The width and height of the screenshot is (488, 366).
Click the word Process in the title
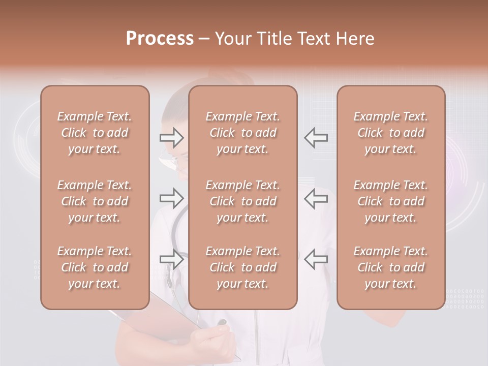pyautogui.click(x=160, y=39)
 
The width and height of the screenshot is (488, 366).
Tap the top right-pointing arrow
pyautogui.click(x=171, y=137)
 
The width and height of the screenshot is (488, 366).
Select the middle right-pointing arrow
pyautogui.click(x=171, y=198)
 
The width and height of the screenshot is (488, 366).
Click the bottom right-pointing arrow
pyautogui.click(x=171, y=259)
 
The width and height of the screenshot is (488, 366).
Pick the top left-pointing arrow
pyautogui.click(x=316, y=137)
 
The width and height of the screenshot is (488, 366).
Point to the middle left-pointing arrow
pyautogui.click(x=316, y=198)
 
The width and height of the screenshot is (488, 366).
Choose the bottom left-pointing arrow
pyautogui.click(x=316, y=259)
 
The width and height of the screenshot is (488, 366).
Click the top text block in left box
pyautogui.click(x=95, y=133)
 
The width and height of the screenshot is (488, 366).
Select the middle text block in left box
pyautogui.click(x=95, y=201)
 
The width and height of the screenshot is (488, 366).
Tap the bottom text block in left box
pyautogui.click(x=95, y=267)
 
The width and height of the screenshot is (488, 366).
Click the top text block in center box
pyautogui.click(x=242, y=133)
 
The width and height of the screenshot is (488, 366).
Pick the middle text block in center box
pyautogui.click(x=242, y=201)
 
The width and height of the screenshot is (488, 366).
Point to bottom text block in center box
pyautogui.click(x=242, y=267)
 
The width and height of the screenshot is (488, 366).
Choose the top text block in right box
pyautogui.click(x=391, y=133)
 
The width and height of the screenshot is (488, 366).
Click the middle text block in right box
pyautogui.click(x=391, y=201)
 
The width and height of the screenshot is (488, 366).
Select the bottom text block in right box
pyautogui.click(x=391, y=267)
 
